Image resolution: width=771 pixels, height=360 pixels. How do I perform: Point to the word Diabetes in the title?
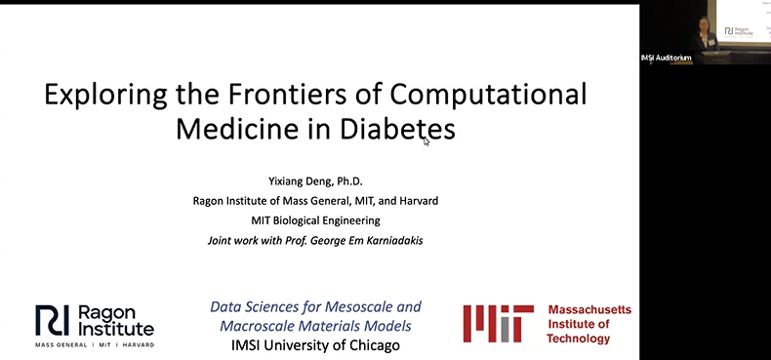coord(401,129)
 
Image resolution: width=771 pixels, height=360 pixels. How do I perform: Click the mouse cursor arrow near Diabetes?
coord(426,141)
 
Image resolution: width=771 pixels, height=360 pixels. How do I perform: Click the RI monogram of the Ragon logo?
coord(53,320)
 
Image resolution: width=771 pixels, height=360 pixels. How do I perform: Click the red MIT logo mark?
coord(498,323)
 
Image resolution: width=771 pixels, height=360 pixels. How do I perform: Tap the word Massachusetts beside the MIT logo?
coord(588,309)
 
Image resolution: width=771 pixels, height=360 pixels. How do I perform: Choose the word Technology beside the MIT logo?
coord(579,339)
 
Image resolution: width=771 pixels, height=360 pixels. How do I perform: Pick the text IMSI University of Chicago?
coord(315,345)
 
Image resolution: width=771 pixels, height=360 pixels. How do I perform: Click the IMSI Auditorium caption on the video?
coord(667,58)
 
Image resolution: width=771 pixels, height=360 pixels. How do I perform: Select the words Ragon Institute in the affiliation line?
coord(233,201)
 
